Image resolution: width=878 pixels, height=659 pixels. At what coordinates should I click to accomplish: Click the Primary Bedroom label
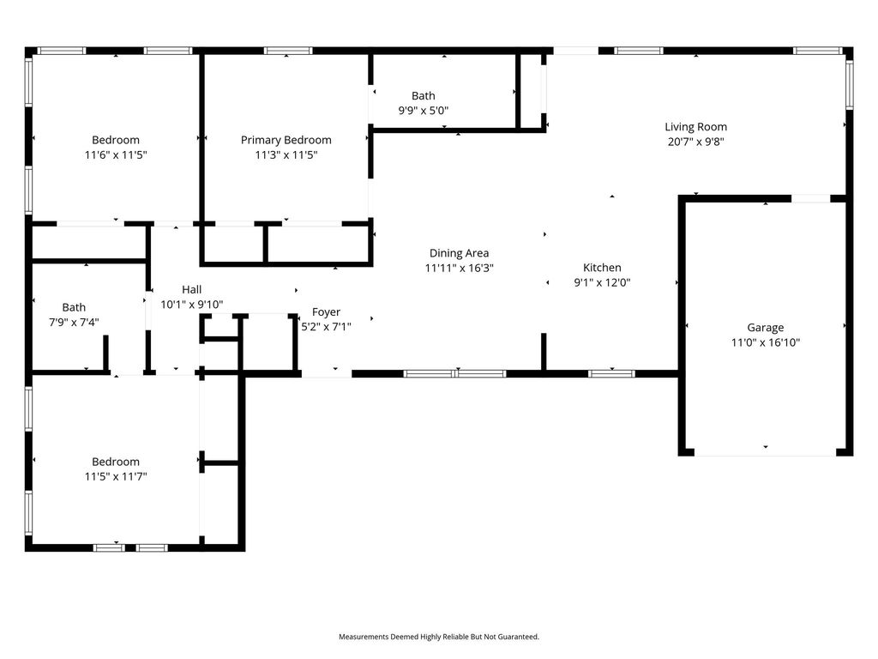pos(286,141)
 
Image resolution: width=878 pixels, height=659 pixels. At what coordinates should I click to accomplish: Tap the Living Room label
pos(696,127)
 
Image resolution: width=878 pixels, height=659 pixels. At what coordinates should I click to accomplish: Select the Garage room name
pos(766,328)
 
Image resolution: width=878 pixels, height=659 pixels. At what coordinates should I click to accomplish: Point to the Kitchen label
pos(602,268)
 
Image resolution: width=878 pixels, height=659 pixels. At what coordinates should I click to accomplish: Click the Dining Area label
pos(460,253)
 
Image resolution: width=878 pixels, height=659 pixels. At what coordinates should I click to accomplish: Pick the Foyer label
pos(326,312)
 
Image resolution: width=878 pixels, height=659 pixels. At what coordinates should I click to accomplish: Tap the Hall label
pos(191,290)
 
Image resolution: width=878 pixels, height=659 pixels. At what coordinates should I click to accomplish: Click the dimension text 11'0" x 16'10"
pos(766,342)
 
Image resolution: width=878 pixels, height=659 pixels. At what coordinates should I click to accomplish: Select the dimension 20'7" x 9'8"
pos(695,142)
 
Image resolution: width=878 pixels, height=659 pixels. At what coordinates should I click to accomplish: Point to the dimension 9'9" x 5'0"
pos(424,111)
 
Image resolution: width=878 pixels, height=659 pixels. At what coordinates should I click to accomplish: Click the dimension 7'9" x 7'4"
pos(74,323)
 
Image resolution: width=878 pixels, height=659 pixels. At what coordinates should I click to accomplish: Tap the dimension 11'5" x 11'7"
pos(116,476)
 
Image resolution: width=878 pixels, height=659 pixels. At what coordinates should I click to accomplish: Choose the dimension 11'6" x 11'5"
pos(116,154)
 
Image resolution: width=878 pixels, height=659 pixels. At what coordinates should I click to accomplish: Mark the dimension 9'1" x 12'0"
pos(602,282)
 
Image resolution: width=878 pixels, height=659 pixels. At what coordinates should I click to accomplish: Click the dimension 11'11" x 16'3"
pos(460,268)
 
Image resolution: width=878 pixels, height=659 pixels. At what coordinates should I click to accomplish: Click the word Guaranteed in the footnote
pos(520,637)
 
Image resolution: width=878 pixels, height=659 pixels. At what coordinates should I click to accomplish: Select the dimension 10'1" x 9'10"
pos(191,305)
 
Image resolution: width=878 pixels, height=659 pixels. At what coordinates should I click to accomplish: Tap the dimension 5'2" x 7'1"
pos(326,327)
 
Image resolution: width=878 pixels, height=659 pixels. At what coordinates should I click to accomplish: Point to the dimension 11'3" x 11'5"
pos(286,154)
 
